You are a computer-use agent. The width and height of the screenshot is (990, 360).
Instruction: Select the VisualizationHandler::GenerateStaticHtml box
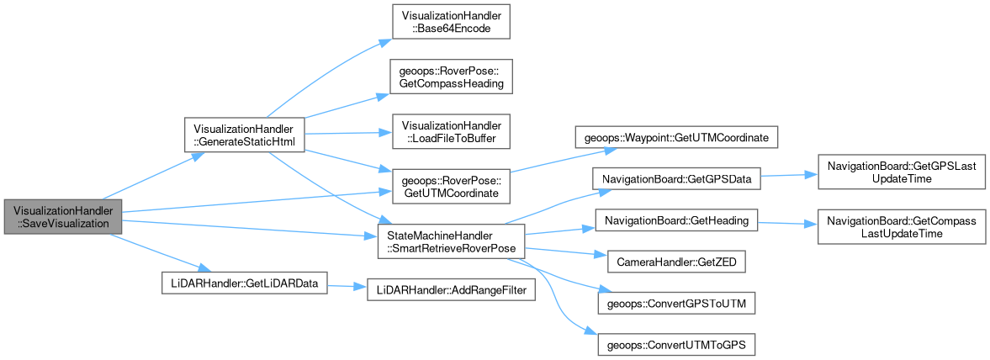pyautogui.click(x=243, y=135)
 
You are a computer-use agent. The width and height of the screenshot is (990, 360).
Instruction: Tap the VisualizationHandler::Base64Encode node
pyautogui.click(x=453, y=22)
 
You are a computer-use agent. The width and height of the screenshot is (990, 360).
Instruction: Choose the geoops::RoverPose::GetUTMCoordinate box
pyautogui.click(x=453, y=188)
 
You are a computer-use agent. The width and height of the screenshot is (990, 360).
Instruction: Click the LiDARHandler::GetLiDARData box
pyautogui.click(x=243, y=283)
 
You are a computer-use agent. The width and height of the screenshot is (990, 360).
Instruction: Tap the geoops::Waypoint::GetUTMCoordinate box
pyautogui.click(x=676, y=135)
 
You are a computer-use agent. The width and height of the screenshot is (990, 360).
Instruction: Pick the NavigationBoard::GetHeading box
pyautogui.click(x=676, y=220)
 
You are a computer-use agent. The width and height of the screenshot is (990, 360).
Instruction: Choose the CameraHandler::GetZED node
pyautogui.click(x=676, y=262)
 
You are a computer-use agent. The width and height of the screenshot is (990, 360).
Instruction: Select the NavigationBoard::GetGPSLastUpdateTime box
pyautogui.click(x=901, y=173)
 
